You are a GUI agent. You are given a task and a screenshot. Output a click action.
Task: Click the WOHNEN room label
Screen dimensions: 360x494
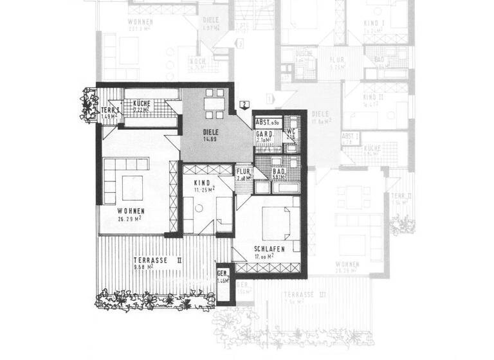pyautogui.click(x=131, y=211)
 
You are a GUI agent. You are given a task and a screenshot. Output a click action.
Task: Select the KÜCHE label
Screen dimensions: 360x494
pyautogui.click(x=142, y=104)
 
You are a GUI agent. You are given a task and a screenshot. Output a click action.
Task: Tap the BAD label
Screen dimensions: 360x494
pyautogui.click(x=279, y=173)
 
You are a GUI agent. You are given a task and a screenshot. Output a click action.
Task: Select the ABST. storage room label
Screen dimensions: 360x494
pyautogui.click(x=266, y=122)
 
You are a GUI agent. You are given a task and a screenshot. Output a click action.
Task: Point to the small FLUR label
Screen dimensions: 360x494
pyautogui.click(x=242, y=172)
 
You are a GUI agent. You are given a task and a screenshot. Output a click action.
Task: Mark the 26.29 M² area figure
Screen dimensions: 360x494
pyautogui.click(x=131, y=219)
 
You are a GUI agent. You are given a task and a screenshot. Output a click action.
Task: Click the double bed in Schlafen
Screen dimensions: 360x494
pyautogui.click(x=275, y=222)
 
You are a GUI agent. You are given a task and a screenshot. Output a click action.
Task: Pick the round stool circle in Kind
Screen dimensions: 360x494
pyautogui.click(x=200, y=208)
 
